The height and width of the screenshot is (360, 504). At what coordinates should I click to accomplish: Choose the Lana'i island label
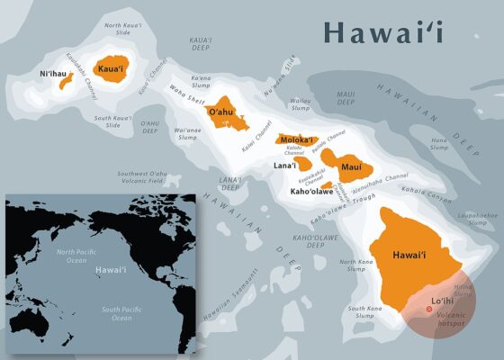(x=284, y=166)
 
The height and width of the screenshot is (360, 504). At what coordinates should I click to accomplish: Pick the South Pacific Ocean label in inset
(x=121, y=314)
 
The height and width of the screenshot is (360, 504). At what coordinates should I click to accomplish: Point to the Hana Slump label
(x=438, y=144)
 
